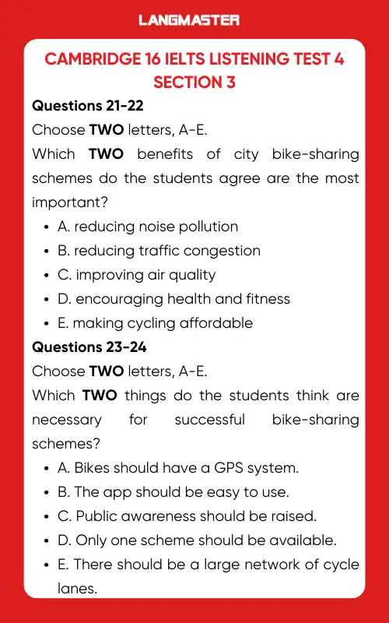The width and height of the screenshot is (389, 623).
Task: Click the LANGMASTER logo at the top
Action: [x=189, y=20]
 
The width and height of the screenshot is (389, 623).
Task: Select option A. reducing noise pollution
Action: [x=148, y=227]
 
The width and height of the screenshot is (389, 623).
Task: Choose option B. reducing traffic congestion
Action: [x=159, y=251]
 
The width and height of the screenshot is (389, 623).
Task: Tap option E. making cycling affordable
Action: [x=155, y=323]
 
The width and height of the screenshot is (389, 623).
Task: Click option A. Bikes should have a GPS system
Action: [x=177, y=468]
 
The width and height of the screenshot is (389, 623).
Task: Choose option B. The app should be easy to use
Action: [x=173, y=492]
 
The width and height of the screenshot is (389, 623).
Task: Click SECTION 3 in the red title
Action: [x=194, y=82]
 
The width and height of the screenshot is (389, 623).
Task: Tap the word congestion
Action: [x=222, y=251]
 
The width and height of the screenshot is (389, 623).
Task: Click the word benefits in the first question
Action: [x=159, y=154]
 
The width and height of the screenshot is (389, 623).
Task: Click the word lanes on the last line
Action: [x=78, y=589]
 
